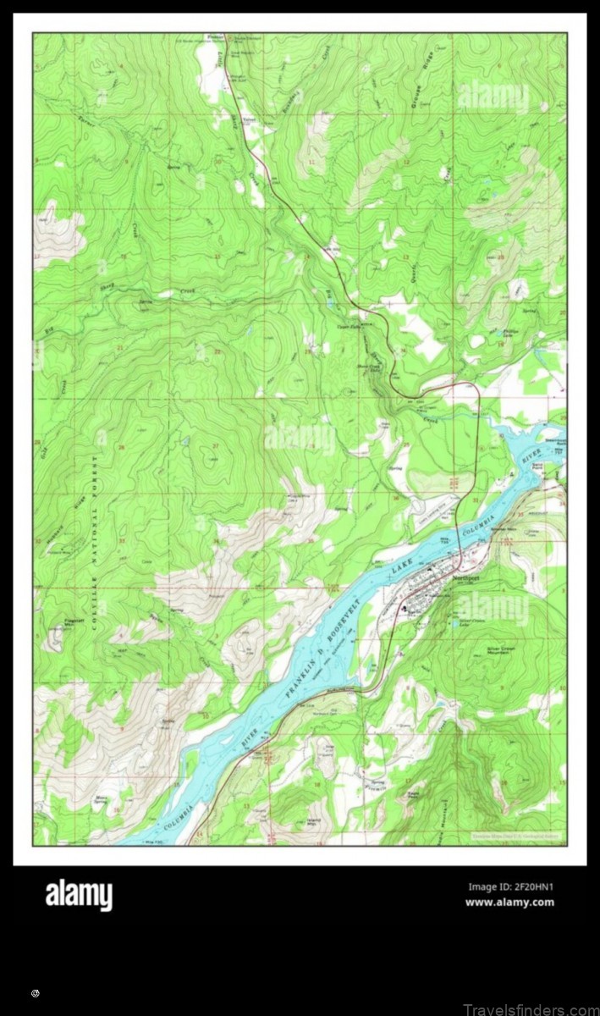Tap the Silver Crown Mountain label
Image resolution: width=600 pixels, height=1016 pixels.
point(501,650)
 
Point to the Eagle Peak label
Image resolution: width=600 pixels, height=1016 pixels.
point(413,794)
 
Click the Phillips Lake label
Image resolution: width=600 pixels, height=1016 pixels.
point(511,334)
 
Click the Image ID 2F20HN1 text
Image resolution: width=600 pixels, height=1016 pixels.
point(510,887)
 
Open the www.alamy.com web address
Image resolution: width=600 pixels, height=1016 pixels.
point(509,903)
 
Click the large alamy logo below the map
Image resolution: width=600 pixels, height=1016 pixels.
point(78,895)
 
